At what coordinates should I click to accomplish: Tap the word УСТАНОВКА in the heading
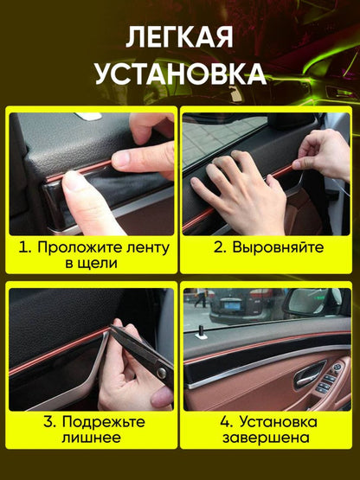click(180, 74)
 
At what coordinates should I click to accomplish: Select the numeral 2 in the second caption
click(220, 247)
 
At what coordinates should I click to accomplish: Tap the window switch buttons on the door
click(332, 381)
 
